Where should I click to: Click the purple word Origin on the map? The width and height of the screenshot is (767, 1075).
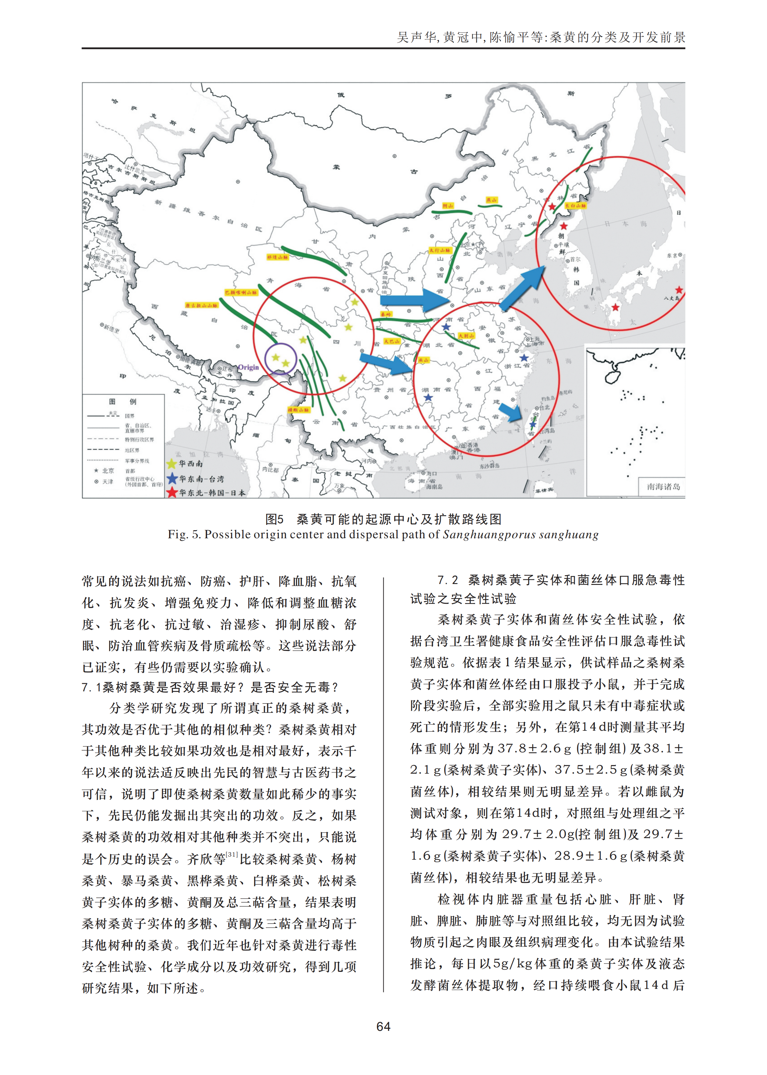tap(248, 367)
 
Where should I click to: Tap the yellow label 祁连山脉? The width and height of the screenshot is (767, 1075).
tap(277, 257)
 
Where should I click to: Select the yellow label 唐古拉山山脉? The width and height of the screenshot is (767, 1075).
tap(202, 305)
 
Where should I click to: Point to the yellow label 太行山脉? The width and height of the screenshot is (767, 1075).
tap(440, 250)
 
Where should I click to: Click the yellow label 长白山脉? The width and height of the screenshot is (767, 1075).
tap(575, 206)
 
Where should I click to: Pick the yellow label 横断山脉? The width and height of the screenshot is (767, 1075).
tap(298, 410)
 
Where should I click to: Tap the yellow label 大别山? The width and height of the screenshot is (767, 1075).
tap(466, 335)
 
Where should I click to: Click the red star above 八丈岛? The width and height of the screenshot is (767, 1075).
tap(679, 290)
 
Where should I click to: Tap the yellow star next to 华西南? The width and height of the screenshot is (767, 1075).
tap(171, 463)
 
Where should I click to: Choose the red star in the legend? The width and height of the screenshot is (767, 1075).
tap(171, 493)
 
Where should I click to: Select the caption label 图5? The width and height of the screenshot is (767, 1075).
tap(274, 519)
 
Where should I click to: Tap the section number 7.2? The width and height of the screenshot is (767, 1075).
tap(448, 580)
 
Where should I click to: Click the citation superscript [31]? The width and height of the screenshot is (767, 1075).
tap(232, 854)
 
